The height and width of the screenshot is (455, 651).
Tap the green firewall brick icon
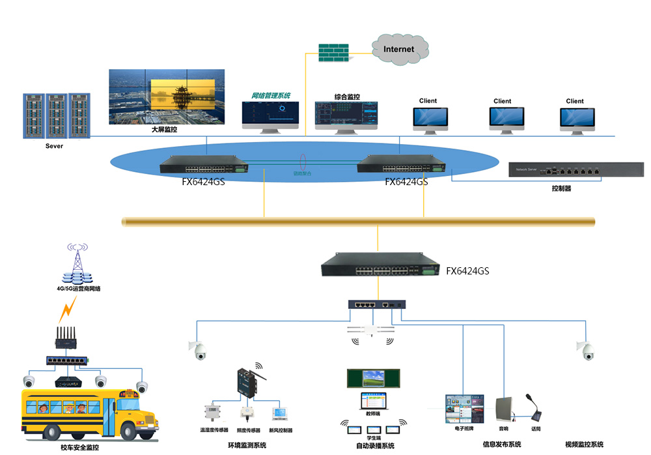(333, 53)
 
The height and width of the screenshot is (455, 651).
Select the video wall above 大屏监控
(167, 97)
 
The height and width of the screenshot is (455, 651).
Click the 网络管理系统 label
(271, 95)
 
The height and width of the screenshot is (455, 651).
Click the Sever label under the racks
(54, 146)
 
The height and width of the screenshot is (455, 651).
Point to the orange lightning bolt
(68, 312)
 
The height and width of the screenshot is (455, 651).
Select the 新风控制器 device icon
(280, 415)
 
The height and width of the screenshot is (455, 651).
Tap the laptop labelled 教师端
(373, 399)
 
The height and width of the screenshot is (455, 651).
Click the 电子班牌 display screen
(464, 409)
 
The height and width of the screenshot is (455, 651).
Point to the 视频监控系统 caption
(584, 445)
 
